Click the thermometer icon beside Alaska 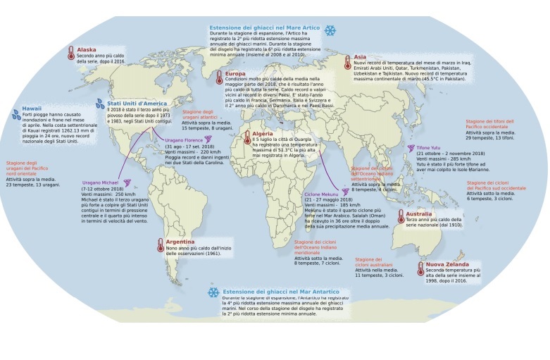pyautogui.click(x=71, y=54)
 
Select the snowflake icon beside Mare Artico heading pyautogui.click(x=329, y=31)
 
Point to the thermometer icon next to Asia pyautogui.click(x=346, y=63)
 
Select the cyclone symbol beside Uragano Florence pyautogui.click(x=159, y=140)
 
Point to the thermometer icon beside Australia pyautogui.click(x=400, y=216)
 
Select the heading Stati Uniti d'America pyautogui.click(x=138, y=103)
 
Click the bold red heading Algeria pyautogui.click(x=264, y=133)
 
